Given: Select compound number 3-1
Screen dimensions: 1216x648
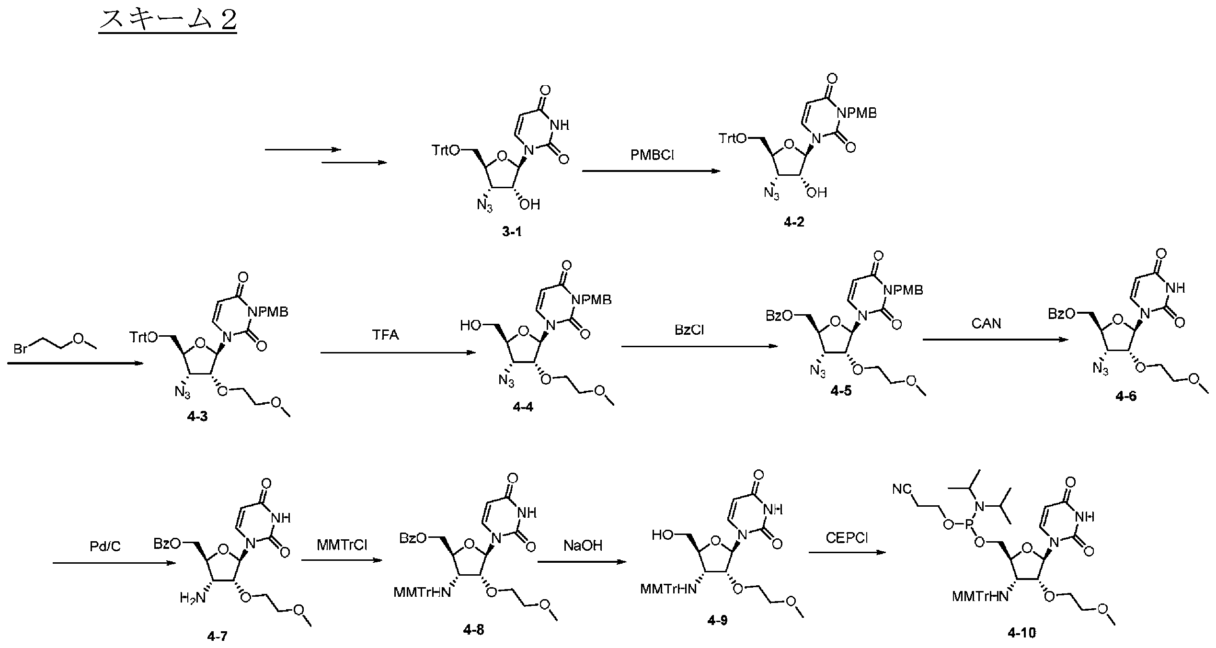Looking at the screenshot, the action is [512, 232].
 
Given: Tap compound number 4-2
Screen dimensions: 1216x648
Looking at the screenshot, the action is [794, 222].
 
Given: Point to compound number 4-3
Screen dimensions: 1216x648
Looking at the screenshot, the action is [197, 416].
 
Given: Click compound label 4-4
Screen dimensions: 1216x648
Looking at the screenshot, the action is [523, 407].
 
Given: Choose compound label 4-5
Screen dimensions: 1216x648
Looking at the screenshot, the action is [841, 391].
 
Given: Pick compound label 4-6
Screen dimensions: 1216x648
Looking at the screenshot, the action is [1126, 396].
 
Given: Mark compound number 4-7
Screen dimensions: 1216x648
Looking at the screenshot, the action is [218, 636].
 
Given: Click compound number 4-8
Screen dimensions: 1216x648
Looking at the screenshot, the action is [473, 630].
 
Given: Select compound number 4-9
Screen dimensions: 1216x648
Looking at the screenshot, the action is [717, 621].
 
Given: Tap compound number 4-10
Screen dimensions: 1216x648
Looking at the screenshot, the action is [1021, 633].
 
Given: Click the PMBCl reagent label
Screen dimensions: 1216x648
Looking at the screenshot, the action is [652, 155].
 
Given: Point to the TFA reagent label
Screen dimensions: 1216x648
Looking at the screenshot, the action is [386, 335].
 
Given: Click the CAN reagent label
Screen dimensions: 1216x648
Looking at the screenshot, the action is [987, 324].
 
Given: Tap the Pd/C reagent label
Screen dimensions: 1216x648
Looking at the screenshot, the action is [105, 546].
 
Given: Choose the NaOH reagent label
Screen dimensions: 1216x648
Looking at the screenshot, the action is [583, 545].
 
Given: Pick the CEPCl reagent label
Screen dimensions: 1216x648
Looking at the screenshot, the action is [847, 538].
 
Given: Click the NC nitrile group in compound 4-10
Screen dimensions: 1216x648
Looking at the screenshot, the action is [903, 489].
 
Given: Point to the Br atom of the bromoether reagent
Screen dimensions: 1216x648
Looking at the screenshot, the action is [21, 349].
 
